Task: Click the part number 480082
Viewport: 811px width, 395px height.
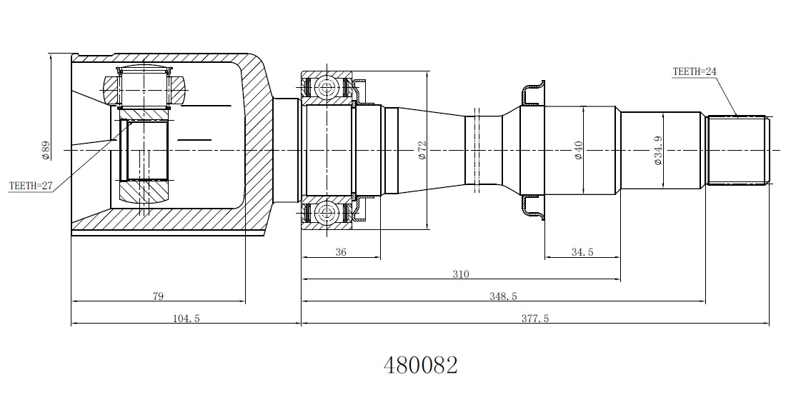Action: pos(420,365)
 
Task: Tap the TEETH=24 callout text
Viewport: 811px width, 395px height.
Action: pos(695,71)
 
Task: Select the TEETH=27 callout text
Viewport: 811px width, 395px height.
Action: pos(31,186)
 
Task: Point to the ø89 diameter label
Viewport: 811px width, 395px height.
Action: pos(46,151)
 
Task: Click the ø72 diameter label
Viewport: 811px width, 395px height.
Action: pos(422,151)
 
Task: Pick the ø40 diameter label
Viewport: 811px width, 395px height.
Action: pos(578,151)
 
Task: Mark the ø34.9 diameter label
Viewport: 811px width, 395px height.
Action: pos(658,151)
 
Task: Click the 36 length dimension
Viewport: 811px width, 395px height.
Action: pos(341,252)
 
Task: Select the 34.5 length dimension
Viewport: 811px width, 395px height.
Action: pos(582,252)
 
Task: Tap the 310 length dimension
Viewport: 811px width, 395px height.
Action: pos(461,274)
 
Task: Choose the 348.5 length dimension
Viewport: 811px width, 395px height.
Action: pos(503,296)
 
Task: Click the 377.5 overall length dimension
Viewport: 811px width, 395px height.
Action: pos(534,319)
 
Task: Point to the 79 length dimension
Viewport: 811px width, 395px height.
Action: pos(158,296)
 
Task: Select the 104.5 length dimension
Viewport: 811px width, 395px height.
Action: pos(186,319)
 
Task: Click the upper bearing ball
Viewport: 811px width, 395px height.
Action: pos(327,86)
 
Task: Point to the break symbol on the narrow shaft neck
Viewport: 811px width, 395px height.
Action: pos(477,150)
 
